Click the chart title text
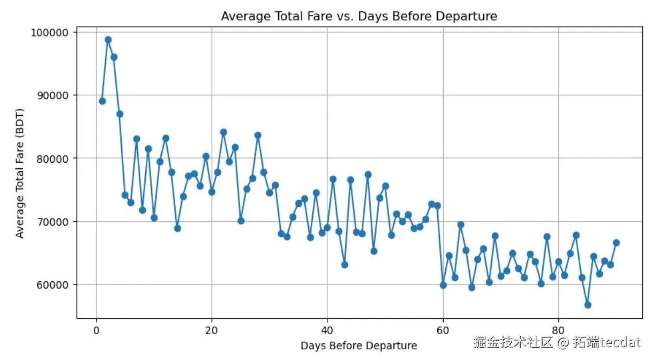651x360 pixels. tap(359, 17)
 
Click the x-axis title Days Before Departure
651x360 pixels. tap(358, 346)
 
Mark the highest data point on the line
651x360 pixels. tap(108, 40)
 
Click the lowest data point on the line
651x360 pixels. tap(588, 305)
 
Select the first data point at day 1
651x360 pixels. tap(102, 101)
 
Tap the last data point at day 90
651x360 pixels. tap(616, 243)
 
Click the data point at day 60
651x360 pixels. tap(443, 285)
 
